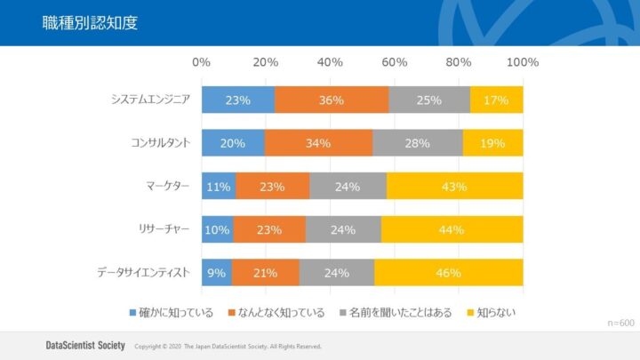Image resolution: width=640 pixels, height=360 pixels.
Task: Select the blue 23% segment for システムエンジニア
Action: (x=237, y=100)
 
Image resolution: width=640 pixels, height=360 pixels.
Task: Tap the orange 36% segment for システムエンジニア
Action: (x=332, y=100)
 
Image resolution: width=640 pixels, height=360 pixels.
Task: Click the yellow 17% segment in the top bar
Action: (x=496, y=100)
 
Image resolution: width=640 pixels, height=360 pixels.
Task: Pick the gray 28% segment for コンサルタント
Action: (x=417, y=143)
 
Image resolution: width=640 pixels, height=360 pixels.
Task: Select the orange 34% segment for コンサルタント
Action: (x=318, y=143)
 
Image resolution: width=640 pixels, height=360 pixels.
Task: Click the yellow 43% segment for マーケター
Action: (x=454, y=187)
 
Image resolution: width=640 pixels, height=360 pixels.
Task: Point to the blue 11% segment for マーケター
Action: (x=219, y=187)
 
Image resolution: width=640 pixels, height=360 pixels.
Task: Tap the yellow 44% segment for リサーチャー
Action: (x=452, y=229)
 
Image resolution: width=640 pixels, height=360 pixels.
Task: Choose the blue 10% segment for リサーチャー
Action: (x=217, y=229)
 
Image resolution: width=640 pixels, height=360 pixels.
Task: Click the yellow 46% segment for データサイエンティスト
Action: (x=448, y=272)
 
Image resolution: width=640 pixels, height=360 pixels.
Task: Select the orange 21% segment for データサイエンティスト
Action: (x=265, y=272)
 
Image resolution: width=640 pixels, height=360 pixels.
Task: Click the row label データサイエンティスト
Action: (x=143, y=272)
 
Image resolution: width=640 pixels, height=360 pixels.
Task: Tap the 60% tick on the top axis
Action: (x=395, y=62)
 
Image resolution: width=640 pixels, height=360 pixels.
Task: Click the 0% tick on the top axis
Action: (x=202, y=62)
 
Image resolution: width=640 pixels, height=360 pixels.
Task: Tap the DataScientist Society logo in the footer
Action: (x=85, y=345)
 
